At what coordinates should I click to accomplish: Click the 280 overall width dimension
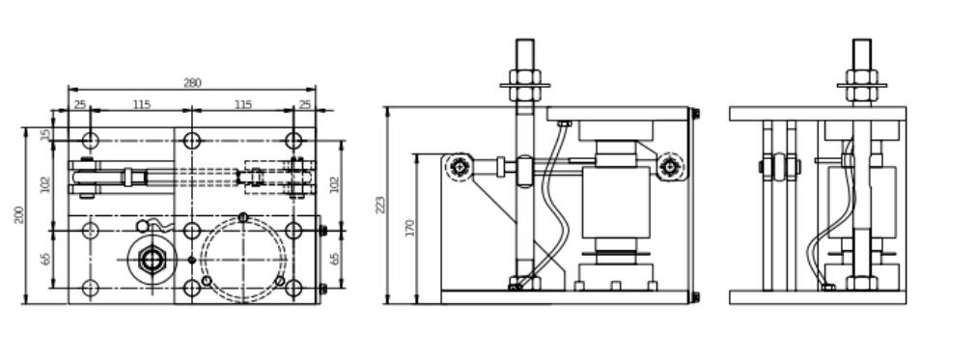(x=192, y=83)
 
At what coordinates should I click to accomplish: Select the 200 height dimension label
(x=18, y=215)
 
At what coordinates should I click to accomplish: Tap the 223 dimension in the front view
(x=380, y=205)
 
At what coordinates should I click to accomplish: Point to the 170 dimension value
(x=410, y=228)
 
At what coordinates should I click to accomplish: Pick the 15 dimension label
(x=45, y=134)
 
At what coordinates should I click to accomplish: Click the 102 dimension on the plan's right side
(x=335, y=185)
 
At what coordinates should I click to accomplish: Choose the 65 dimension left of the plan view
(x=45, y=259)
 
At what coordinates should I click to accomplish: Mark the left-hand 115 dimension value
(x=142, y=104)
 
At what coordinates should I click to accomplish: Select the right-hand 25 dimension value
(x=305, y=104)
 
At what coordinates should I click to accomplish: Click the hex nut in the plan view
(x=152, y=259)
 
